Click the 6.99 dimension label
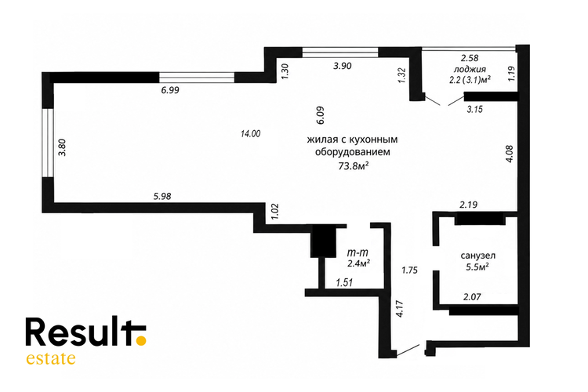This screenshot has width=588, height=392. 170,90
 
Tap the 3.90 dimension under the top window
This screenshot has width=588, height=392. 343,66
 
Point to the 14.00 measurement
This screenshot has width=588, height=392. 251,133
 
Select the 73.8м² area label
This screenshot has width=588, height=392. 353,165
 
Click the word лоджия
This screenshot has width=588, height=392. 470,70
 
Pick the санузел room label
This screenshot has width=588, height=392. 478,256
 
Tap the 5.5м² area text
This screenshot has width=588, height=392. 477,267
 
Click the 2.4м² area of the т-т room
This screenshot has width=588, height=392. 359,263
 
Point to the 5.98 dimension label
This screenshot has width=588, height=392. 162,196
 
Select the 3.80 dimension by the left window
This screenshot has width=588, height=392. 62,147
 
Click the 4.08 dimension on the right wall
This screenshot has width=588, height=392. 510,154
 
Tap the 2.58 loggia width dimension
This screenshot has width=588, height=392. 470,58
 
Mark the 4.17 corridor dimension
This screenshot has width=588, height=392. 399,309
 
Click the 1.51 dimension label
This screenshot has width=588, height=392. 344,282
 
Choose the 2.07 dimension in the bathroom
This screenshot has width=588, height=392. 472,297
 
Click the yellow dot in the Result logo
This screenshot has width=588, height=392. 140,340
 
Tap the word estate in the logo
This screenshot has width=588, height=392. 51,358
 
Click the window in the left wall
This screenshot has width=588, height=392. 48,143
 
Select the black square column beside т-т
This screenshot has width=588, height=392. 323,242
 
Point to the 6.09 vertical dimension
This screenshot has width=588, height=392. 320,115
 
